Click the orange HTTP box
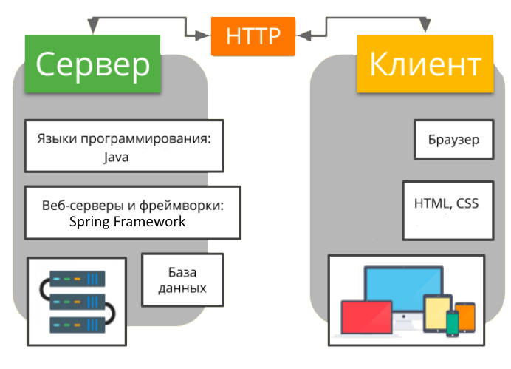coord(253,35)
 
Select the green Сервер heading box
coord(92,64)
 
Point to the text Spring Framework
coord(127,221)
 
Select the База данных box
coord(182,279)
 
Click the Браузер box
coord(453,138)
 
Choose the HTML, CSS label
coord(447,203)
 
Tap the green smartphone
coord(452,322)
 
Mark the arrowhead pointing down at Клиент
coord(425,27)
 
